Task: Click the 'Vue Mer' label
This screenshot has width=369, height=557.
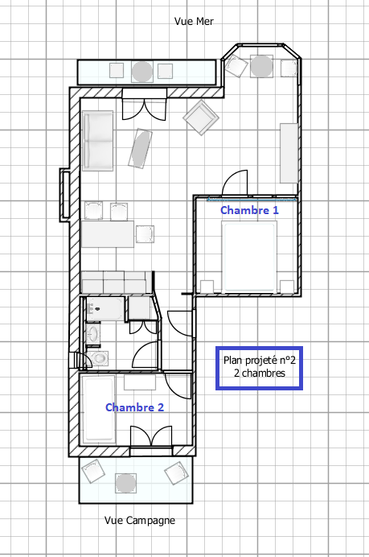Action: pos(194,21)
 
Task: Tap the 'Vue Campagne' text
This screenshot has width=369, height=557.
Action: pos(140,521)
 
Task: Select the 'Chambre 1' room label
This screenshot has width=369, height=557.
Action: pos(249,210)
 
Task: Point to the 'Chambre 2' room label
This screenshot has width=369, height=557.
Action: pos(135,407)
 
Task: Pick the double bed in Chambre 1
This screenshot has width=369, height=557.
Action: pos(249,257)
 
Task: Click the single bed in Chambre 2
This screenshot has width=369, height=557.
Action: pos(98,409)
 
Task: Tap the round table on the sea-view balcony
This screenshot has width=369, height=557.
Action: pos(142,71)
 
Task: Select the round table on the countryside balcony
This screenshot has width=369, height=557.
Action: pos(125,483)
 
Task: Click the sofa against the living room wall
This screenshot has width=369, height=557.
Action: pos(98,141)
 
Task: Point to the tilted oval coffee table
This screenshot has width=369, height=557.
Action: pos(140,148)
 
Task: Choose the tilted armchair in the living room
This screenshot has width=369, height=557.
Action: pos(201,118)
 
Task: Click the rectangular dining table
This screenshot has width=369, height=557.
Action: pos(108,233)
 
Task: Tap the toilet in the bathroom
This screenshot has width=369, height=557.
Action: pos(99,358)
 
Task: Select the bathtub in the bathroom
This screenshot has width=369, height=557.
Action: pos(105,308)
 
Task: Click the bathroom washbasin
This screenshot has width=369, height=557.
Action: pos(93,334)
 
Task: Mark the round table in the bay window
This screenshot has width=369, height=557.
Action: pos(261,66)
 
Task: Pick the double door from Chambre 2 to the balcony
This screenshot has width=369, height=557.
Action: pos(151,435)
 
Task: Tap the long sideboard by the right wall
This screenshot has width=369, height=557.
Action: pos(289,153)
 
